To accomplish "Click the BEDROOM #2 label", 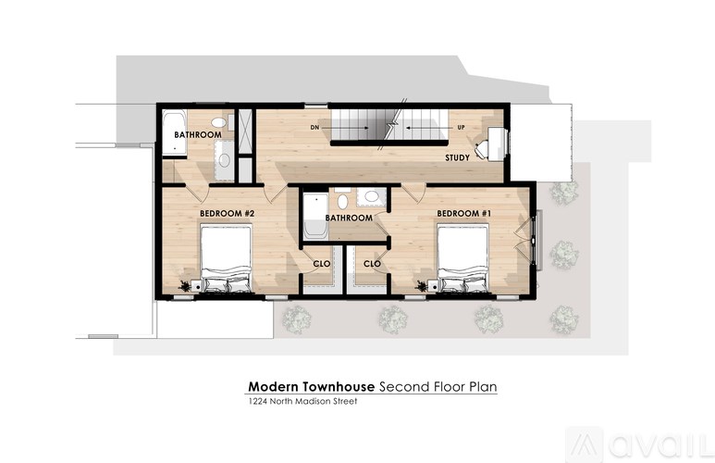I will [x=227, y=214].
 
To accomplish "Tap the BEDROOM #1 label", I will [x=463, y=214].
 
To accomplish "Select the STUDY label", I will [x=457, y=157].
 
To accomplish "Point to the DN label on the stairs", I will [x=314, y=127].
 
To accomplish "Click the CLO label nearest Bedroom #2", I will [x=322, y=264].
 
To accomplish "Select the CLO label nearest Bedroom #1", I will [x=372, y=264].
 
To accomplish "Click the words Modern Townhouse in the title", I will [x=297, y=386].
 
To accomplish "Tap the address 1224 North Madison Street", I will [x=302, y=402].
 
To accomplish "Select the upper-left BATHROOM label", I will [x=198, y=135].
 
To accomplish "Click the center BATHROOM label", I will [x=348, y=219].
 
